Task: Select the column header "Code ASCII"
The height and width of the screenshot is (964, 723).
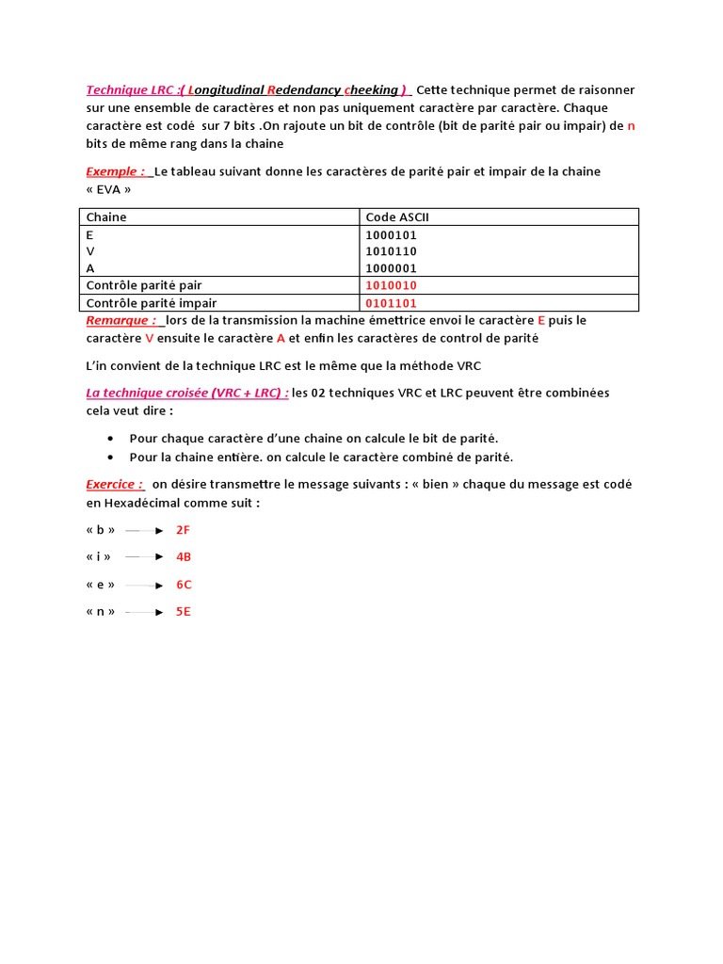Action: pos(397,217)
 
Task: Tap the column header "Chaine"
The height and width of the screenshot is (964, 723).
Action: pos(106,217)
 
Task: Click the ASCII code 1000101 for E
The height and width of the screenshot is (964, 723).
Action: pos(391,235)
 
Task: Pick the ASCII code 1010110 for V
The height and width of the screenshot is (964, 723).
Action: pos(391,251)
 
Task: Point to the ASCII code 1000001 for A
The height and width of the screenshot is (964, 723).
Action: pos(391,268)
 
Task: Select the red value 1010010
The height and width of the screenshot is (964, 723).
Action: pos(391,285)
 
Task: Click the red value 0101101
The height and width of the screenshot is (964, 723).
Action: pos(391,303)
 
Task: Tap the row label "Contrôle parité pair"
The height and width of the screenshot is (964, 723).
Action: pos(144,285)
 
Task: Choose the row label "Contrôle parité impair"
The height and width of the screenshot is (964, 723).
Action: pos(151,303)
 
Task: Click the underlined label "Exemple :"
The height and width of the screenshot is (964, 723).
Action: pos(117,171)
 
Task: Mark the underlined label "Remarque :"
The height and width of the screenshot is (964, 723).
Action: pos(121,320)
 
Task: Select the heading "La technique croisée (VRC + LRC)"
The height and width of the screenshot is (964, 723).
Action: pos(186,393)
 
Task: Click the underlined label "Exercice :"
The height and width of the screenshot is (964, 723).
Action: pos(115,484)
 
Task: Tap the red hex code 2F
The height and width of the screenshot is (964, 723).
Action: pos(184,530)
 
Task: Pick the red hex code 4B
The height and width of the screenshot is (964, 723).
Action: pos(184,557)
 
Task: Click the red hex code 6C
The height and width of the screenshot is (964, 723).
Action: pos(184,585)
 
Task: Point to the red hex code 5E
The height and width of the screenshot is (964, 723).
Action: pos(184,612)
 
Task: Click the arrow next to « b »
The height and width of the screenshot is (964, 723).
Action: pos(145,531)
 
